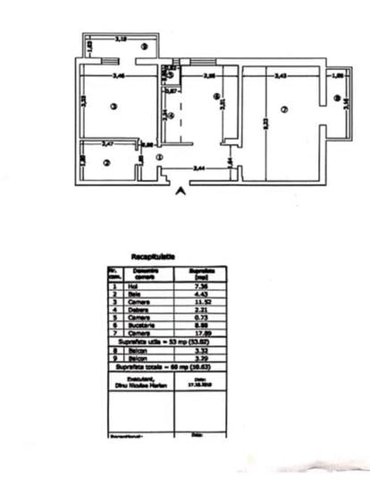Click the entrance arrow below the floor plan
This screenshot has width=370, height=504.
click(x=181, y=191)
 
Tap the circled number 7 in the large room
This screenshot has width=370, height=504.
click(x=283, y=110)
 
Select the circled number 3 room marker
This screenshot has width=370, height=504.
click(x=114, y=108)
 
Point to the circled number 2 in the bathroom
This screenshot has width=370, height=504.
click(x=105, y=163)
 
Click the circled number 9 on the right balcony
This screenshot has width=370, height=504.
click(x=336, y=98)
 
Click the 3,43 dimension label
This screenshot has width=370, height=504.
click(x=281, y=77)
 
